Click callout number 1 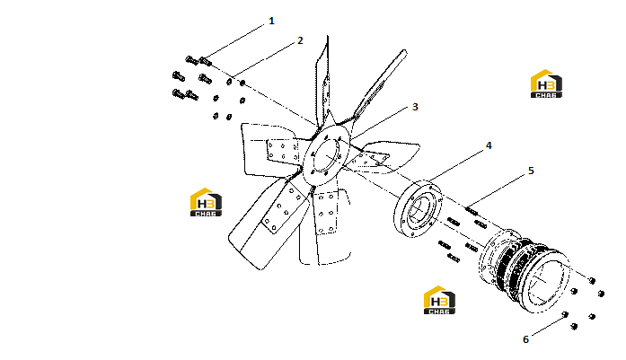point(271,21)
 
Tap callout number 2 point(300,40)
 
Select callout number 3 point(415,107)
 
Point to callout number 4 point(489,145)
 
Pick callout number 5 point(531,171)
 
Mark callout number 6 point(525,339)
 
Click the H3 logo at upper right point(546,83)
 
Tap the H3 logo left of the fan point(206,202)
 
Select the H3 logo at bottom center point(439,300)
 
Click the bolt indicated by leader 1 point(205,61)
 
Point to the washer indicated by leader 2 point(230,82)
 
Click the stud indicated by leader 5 point(472,211)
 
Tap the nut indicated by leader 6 point(565,314)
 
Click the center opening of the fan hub point(327,154)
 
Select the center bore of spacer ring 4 point(419,208)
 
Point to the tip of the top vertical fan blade point(328,36)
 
